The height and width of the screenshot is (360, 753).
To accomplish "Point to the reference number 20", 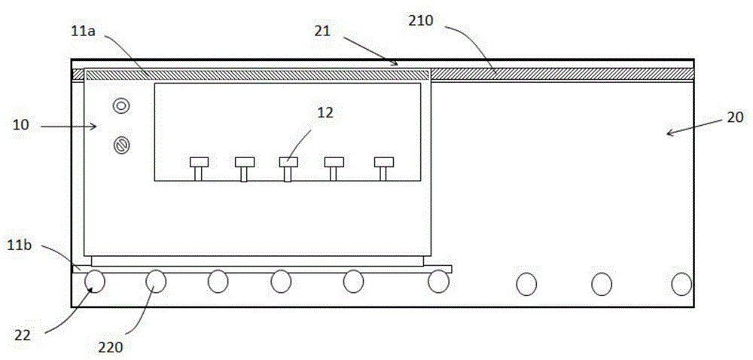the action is pos(734,117).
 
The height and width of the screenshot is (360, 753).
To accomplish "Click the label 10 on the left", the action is pos(20,125).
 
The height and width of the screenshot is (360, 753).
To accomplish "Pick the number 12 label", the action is pos(325,113).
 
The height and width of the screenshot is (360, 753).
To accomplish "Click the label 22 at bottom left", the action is pos(22,335).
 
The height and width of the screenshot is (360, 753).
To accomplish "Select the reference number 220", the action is pos(111,347).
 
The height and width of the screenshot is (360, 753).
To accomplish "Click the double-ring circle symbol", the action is pos(120,105).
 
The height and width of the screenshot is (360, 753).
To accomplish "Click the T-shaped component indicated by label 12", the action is pos(288,169).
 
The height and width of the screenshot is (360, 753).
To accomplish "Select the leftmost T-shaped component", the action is pos(199,169).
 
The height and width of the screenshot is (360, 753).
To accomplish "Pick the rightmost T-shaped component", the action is pos(383,169).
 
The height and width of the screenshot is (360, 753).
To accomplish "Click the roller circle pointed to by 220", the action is pos(156,281).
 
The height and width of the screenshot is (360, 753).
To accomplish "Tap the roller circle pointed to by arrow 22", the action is pos(95,281).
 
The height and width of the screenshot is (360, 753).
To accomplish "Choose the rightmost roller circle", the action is pos(681,284).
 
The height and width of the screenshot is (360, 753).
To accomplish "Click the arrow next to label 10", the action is pos(69,127).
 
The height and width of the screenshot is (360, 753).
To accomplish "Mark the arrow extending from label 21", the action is pos(370,50).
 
